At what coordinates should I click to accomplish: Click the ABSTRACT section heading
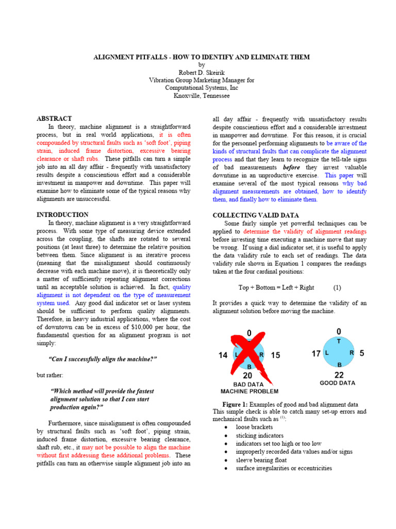[54, 118]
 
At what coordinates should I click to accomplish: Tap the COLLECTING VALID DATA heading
[256, 215]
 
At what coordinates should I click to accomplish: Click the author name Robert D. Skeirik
[201, 73]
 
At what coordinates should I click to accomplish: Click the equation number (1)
[337, 287]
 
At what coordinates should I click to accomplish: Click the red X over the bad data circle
[249, 355]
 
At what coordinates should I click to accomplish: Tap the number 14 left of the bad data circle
[223, 355]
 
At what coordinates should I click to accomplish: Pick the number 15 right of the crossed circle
[275, 355]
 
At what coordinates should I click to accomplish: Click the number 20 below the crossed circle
[248, 376]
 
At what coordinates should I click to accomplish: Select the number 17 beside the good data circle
[316, 353]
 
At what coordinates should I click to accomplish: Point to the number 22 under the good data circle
[339, 375]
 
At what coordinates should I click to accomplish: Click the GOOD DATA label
[338, 383]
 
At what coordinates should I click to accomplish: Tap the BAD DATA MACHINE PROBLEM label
[249, 388]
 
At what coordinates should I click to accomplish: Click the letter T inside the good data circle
[339, 341]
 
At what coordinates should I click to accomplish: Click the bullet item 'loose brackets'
[254, 427]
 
